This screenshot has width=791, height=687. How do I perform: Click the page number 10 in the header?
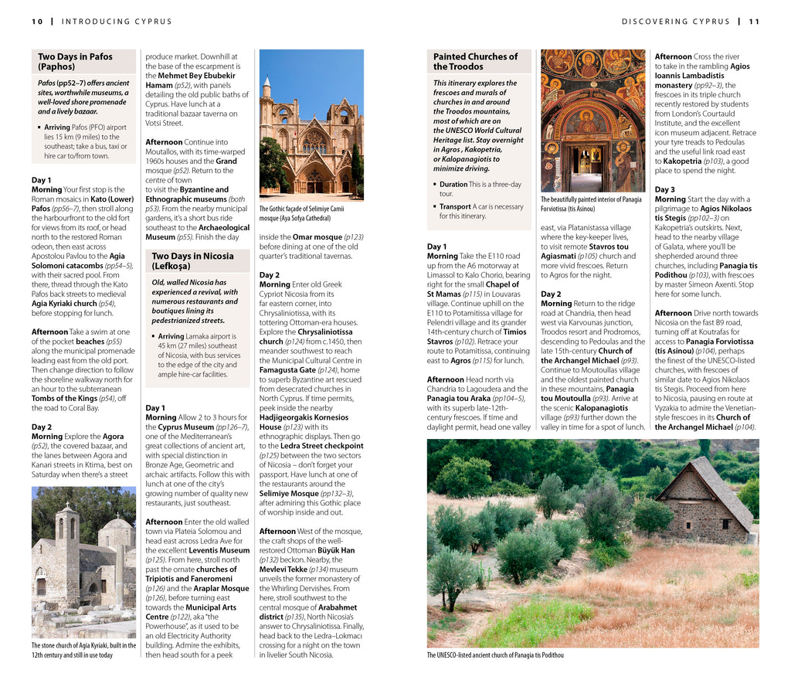(x=37, y=22)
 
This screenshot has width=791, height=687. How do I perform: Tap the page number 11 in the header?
(x=754, y=22)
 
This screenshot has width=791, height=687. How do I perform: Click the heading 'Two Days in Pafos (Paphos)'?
(x=75, y=62)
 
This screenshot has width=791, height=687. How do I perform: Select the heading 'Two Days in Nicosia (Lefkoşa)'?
(x=192, y=261)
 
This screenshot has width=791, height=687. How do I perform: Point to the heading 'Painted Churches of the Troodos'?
(x=475, y=62)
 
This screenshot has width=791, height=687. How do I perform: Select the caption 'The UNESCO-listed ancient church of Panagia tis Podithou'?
(x=495, y=655)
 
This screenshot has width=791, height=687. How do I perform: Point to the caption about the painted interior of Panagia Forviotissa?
(x=591, y=204)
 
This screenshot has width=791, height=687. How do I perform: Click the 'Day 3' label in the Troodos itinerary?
(x=664, y=189)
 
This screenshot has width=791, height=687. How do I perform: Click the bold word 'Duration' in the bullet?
(x=453, y=185)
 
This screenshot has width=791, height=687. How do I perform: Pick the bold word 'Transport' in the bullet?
(x=455, y=207)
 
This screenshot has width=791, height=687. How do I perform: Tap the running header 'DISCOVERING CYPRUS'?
(x=675, y=22)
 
